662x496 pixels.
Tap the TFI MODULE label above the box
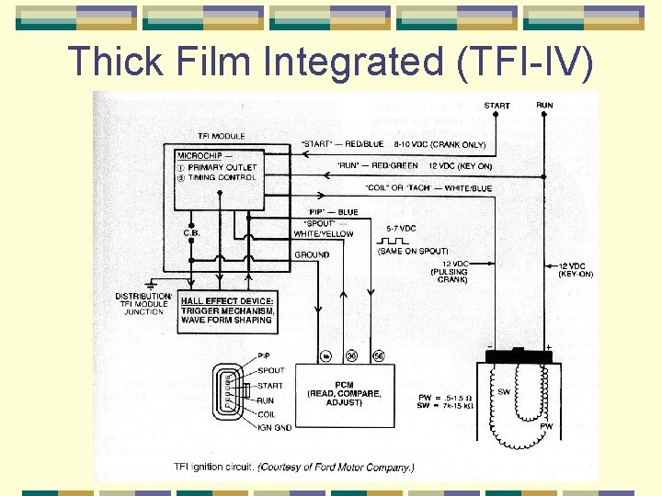pos(221,137)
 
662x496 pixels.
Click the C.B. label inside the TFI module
pos(192,232)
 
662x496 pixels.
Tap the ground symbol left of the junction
pos(151,287)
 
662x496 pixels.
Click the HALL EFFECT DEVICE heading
pos(226,301)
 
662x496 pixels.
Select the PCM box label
pos(343,383)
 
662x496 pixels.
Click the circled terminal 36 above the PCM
pos(351,355)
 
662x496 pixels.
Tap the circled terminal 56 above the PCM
pos(378,355)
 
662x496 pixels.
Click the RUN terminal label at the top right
pos(544,106)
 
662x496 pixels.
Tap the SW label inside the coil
pos(504,391)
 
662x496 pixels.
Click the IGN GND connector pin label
pos(275,426)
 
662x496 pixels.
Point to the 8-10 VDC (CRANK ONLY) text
pos(439,144)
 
